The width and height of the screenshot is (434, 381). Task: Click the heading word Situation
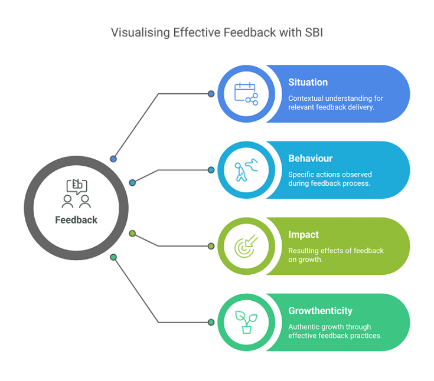click(308, 83)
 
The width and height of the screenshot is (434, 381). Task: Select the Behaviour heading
click(311, 159)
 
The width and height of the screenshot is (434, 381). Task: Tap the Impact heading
click(304, 235)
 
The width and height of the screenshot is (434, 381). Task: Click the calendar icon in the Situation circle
click(246, 94)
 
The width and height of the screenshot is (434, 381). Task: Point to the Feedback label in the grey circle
click(77, 219)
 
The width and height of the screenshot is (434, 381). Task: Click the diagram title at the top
click(217, 33)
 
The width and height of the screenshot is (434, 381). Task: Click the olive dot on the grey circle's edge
click(132, 234)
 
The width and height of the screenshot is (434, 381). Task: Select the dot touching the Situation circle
click(211, 94)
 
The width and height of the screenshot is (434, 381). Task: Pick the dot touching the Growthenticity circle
click(211, 322)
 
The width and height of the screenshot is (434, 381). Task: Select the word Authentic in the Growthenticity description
click(304, 327)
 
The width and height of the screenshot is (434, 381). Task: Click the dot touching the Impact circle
click(211, 246)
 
